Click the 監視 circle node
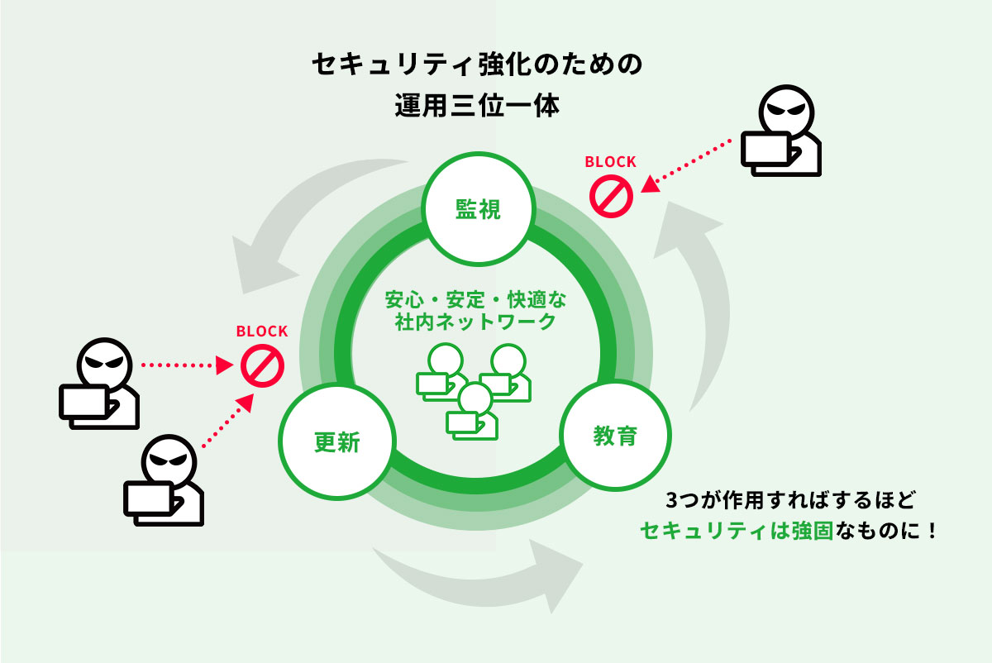pyautogui.click(x=478, y=210)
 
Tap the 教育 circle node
pyautogui.click(x=615, y=436)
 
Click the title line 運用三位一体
pyautogui.click(x=478, y=107)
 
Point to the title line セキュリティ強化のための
pyautogui.click(x=478, y=66)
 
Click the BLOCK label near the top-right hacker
pyautogui.click(x=610, y=162)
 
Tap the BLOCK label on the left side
pyautogui.click(x=262, y=331)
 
